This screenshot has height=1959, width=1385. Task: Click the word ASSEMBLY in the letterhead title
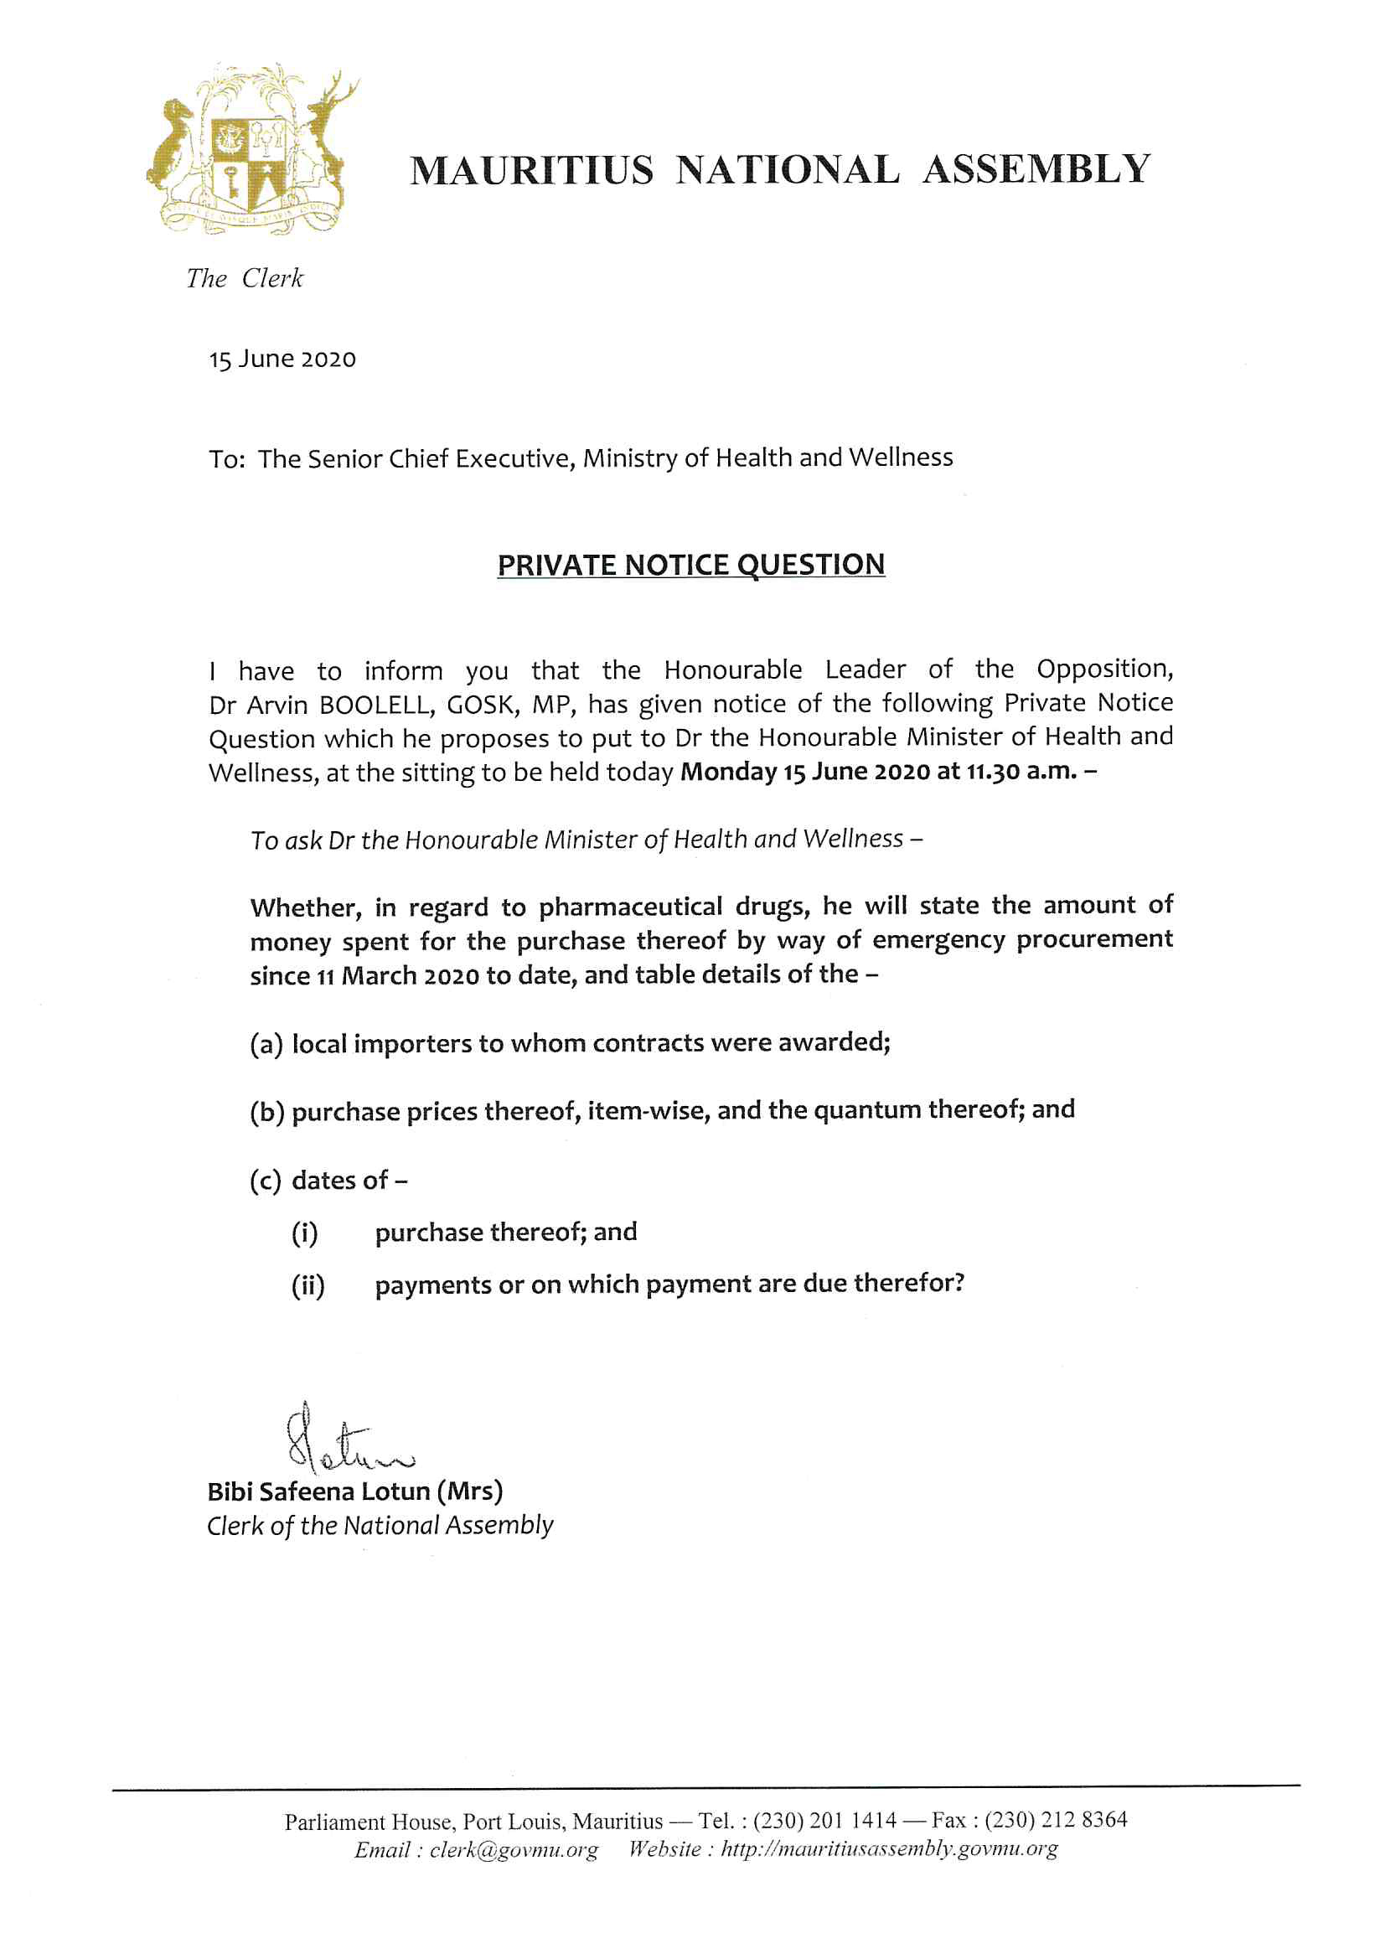pos(1036,170)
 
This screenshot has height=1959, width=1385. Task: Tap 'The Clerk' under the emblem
pos(244,278)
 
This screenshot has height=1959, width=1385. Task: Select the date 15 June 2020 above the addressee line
pos(282,359)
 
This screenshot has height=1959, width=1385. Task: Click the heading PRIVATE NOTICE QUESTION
pos(691,565)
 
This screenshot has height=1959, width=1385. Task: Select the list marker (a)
pos(266,1044)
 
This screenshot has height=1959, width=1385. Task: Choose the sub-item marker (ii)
pos(308,1285)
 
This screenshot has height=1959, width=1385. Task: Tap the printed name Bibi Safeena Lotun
pos(319,1491)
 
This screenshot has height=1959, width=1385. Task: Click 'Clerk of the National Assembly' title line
pos(380,1526)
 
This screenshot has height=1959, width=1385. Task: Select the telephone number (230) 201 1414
pos(824,1821)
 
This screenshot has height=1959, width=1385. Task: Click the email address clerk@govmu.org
pos(514,1850)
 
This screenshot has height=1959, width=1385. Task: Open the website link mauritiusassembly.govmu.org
pos(889,1850)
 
